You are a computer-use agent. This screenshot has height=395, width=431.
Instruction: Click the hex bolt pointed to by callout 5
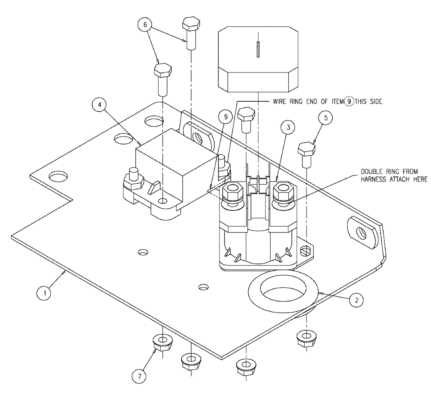306,154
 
